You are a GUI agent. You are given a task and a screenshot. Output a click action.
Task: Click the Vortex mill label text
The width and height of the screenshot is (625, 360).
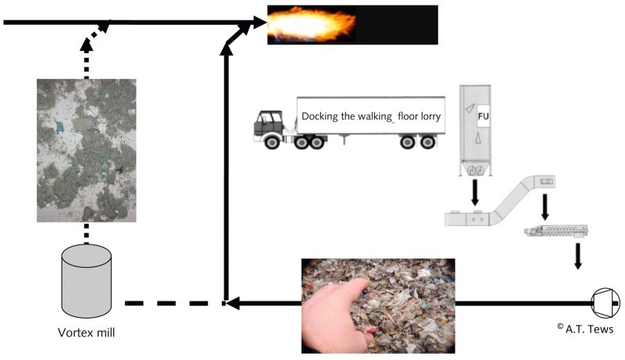tap(86, 332)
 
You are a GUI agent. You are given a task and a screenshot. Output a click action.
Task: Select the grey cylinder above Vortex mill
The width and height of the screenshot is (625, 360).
tap(87, 281)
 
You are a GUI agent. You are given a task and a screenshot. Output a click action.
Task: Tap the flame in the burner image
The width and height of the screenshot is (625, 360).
tap(311, 25)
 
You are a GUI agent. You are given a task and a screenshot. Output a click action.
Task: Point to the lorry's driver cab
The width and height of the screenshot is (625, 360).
tap(268, 123)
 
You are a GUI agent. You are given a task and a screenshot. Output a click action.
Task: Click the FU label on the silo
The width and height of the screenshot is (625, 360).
tap(483, 116)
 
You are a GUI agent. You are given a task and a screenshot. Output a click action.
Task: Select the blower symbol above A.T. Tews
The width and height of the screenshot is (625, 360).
tap(605, 303)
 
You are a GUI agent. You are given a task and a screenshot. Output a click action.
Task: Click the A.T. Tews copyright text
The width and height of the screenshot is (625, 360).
tap(585, 329)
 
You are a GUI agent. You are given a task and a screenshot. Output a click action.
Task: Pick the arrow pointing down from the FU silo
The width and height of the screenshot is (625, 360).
tap(475, 192)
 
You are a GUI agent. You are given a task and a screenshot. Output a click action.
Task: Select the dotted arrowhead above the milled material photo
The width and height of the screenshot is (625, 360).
tap(87, 44)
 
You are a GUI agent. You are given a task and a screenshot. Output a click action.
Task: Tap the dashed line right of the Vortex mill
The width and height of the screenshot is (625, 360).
tap(174, 304)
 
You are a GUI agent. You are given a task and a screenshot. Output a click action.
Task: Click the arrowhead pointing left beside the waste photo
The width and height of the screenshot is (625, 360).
tap(233, 303)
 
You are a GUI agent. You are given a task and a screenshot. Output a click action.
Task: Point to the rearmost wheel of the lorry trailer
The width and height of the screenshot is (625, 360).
tap(427, 142)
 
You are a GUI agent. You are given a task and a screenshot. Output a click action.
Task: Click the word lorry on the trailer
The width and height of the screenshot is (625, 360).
tap(430, 116)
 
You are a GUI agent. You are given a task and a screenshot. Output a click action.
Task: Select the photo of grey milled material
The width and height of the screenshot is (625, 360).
tap(87, 151)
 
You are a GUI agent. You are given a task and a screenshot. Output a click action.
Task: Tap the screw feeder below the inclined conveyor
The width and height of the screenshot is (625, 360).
tap(557, 231)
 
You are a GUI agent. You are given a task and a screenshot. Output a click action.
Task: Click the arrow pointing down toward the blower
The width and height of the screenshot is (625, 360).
tap(577, 256)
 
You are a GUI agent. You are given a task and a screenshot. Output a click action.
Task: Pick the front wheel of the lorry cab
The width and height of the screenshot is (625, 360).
tap(272, 142)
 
